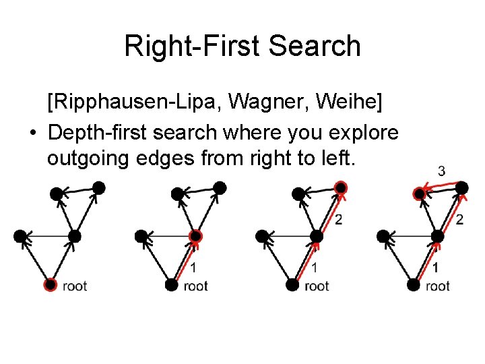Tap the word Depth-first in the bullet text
pos(106,133)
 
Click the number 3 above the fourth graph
pos(441,171)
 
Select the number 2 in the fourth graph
pos(459,219)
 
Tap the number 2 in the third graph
pos(338,219)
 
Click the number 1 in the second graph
pos(193,268)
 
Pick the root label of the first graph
pos(75,286)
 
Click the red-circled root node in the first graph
pos(50,284)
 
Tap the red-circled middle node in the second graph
pos(195,236)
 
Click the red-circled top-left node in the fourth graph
pos(420,193)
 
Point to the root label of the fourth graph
pos(438,286)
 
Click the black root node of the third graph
pos(292,284)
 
